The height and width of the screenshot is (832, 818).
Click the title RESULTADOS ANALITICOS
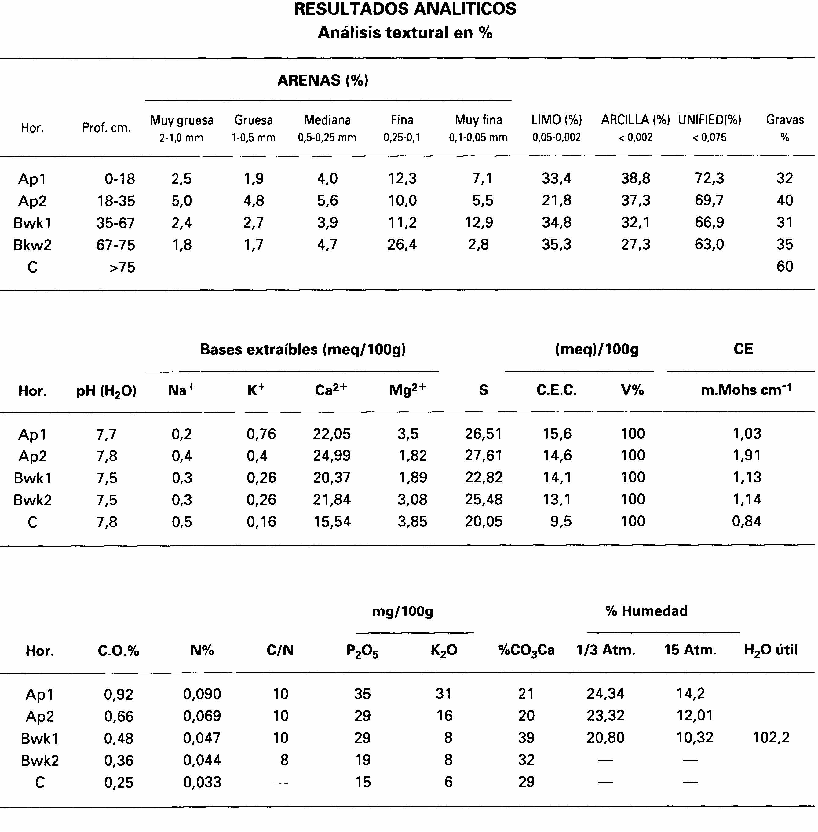click(405, 9)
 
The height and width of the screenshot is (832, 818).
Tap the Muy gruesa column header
click(181, 120)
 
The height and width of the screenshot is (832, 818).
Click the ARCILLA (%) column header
click(635, 120)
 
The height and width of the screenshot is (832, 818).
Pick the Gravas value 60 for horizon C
click(784, 266)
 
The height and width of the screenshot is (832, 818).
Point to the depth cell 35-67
click(115, 223)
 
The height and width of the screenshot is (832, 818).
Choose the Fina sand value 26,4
click(402, 244)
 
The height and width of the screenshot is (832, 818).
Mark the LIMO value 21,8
click(556, 200)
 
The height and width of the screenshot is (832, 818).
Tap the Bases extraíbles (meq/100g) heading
click(303, 349)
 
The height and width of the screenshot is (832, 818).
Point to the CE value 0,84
click(747, 521)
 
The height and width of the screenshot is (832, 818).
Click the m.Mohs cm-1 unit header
click(746, 390)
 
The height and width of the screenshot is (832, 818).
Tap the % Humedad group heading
click(646, 611)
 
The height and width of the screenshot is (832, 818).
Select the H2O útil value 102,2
click(771, 738)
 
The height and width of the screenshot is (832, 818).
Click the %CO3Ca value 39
click(526, 738)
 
